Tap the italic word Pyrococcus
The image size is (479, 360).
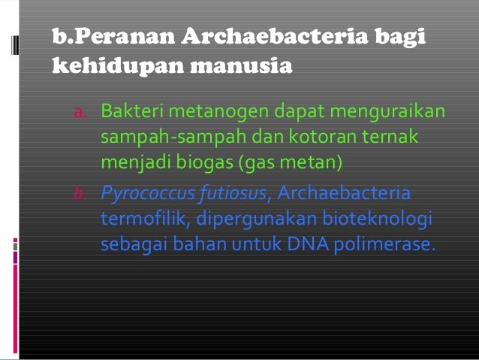click(147, 194)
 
